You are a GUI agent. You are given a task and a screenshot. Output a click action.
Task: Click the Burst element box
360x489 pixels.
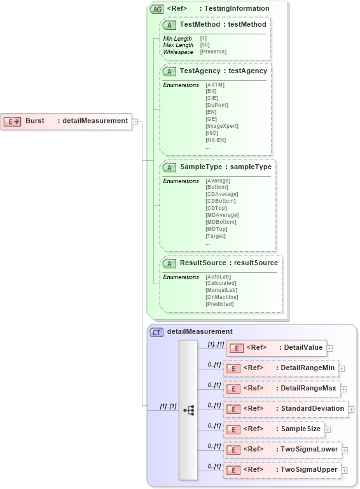pyautogui.click(x=66, y=121)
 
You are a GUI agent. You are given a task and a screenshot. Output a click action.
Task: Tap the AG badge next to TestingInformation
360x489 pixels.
pyautogui.click(x=156, y=9)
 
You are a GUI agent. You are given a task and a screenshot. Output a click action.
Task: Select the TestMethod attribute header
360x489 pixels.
pyautogui.click(x=216, y=24)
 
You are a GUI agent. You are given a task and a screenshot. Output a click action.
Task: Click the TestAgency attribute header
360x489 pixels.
pyautogui.click(x=216, y=71)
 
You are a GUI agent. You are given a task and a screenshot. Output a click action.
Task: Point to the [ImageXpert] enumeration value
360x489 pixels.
pyautogui.click(x=221, y=126)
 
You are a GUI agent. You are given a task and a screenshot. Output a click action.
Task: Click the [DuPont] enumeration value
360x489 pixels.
pyautogui.click(x=217, y=105)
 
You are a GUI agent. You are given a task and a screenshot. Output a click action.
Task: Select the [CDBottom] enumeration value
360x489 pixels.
pyautogui.click(x=220, y=201)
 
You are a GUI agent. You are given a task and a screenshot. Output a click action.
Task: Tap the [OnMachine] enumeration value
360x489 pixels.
pyautogui.click(x=221, y=297)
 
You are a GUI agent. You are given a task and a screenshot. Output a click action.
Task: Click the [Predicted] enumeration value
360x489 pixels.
pyautogui.click(x=219, y=304)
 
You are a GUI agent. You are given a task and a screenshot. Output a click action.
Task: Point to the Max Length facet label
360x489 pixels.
pyautogui.click(x=178, y=45)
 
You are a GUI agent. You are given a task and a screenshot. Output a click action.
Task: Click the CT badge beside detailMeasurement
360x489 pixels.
pyautogui.click(x=156, y=332)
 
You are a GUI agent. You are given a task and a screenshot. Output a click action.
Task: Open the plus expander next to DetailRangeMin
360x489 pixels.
pyautogui.click(x=342, y=368)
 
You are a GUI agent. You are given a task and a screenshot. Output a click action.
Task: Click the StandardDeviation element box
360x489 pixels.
pyautogui.click(x=285, y=409)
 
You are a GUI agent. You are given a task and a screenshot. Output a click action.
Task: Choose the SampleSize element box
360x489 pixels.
pyautogui.click(x=273, y=429)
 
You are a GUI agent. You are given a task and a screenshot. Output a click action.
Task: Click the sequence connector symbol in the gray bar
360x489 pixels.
pyautogui.click(x=189, y=410)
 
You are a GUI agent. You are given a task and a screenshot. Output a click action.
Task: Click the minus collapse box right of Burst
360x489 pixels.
pyautogui.click(x=135, y=121)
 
